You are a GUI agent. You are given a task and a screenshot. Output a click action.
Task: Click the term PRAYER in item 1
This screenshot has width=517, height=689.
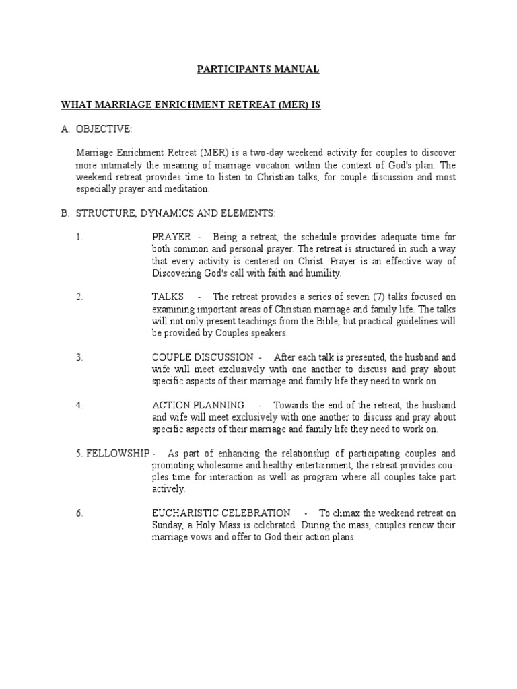(172, 237)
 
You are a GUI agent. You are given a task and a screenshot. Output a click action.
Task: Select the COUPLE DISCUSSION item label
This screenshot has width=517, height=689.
(203, 357)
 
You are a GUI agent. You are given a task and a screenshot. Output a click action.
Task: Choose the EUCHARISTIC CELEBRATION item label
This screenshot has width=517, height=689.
(221, 513)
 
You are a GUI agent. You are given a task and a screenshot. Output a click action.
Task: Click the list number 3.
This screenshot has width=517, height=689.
(79, 357)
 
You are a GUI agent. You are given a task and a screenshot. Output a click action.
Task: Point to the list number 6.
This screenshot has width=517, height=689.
(79, 513)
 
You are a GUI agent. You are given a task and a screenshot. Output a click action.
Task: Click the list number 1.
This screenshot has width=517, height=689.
(79, 237)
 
